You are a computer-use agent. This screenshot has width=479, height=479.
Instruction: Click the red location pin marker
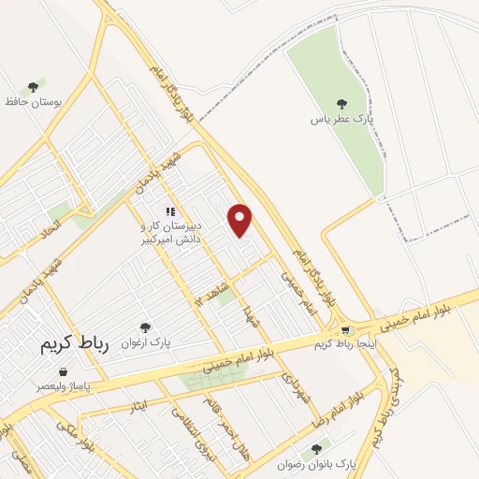[x=241, y=220]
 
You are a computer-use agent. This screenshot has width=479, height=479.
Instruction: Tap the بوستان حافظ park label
[x=36, y=101]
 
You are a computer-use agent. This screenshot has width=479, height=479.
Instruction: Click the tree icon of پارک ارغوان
[x=144, y=327]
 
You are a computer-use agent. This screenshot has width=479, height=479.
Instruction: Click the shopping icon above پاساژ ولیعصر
[x=63, y=371]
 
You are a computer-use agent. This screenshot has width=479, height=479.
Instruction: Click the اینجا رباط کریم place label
[x=348, y=344]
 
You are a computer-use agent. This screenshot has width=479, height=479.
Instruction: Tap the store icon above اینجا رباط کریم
[x=348, y=329]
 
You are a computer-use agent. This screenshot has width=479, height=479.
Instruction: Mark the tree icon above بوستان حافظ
[x=34, y=87]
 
